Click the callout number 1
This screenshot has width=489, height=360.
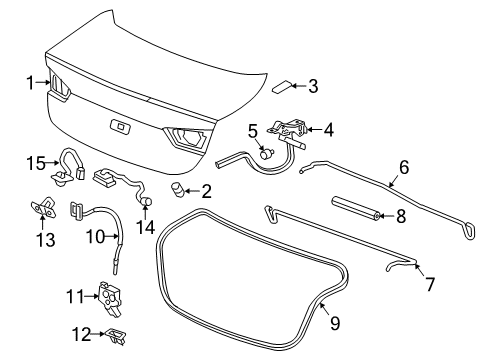click(x=31, y=82)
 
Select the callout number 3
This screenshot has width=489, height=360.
click(x=313, y=86)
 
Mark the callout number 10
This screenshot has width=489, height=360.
click(x=93, y=236)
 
